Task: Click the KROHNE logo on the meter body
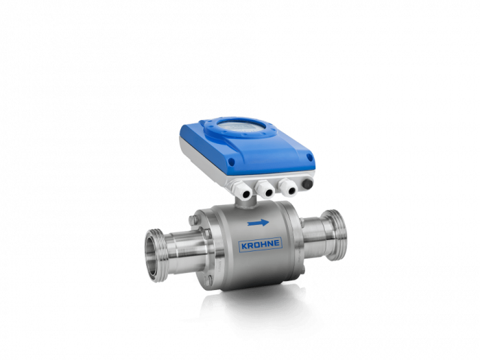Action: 260,244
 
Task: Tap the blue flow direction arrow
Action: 258,223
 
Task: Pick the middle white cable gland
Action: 265,189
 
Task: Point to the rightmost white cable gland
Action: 288,187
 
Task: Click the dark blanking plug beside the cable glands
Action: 307,183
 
